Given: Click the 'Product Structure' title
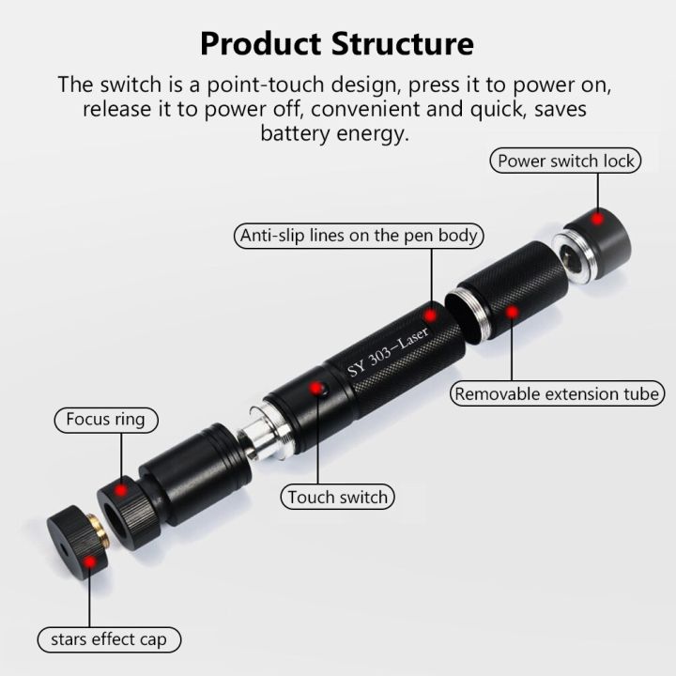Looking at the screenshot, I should [337, 43].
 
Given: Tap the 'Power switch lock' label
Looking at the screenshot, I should [566, 161].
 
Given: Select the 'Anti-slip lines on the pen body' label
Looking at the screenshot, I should [360, 236].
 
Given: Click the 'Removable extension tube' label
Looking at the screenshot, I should [558, 393].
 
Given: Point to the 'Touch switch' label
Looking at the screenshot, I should [337, 497].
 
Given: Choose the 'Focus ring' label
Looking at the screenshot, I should [105, 419].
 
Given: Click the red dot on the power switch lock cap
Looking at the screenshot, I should [596, 218].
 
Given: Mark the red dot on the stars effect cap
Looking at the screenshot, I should [89, 562].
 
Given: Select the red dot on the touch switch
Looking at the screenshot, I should [317, 388].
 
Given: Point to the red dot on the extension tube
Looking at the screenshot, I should [512, 311].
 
